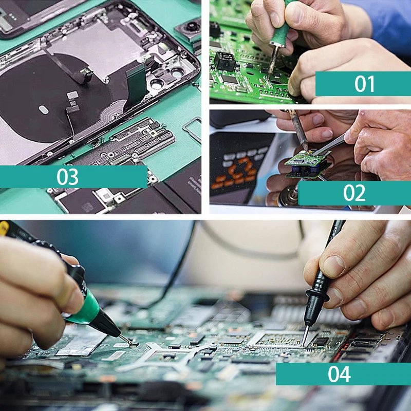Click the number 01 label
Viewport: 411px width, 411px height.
pos(364,84)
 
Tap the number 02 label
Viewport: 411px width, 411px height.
pos(354,193)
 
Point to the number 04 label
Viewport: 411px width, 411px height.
pos(339,373)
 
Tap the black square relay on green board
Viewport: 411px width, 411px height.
pos(225,61)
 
